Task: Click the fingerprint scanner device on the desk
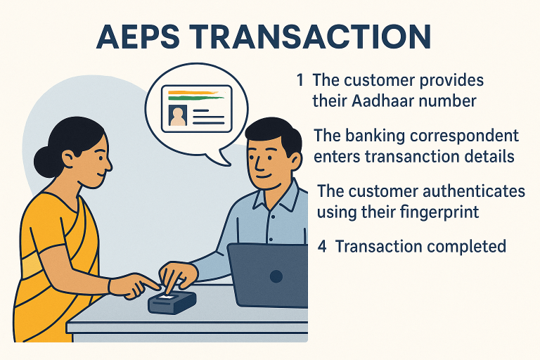coord(172,302)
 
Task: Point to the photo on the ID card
coord(178,115)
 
